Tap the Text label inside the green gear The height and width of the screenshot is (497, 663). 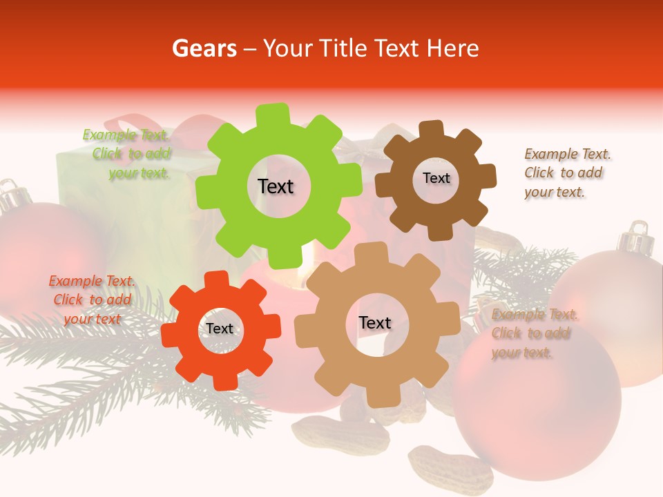point(276,186)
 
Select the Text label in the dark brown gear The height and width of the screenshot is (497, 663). point(436,178)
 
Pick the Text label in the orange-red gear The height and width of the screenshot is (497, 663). point(220,329)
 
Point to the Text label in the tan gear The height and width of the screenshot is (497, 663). point(375,322)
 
